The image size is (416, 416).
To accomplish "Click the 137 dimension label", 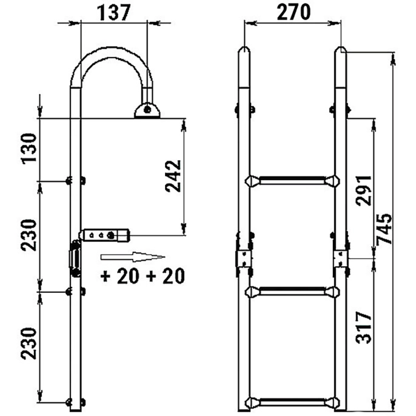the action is click(114, 13).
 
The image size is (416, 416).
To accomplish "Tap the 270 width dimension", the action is click(294, 12).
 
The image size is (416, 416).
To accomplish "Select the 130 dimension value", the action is click(29, 149).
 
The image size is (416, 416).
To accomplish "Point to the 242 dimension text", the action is click(173, 176).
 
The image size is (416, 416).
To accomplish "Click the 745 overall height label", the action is click(384, 229).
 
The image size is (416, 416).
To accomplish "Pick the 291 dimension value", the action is click(364, 190).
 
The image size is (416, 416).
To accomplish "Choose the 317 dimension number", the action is click(364, 327).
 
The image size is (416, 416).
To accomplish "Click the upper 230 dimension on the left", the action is click(29, 235).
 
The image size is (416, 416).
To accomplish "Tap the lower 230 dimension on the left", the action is click(29, 344).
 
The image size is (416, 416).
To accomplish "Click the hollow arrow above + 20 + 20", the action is click(133, 257).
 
